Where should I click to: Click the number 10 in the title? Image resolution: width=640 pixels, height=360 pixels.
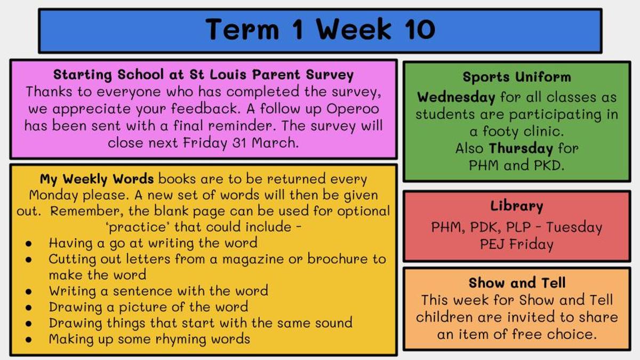pos(420,29)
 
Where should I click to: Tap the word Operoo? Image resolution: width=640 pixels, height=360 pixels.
pos(353,109)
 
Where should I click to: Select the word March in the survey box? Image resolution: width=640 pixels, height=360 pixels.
pos(275,142)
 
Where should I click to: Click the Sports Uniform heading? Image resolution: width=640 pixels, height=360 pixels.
pos(517,77)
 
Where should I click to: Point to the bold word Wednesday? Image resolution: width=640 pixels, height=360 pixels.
pos(456,98)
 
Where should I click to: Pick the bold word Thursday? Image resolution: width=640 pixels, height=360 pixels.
pos(521,149)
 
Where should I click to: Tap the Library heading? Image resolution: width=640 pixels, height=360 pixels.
pos(517,206)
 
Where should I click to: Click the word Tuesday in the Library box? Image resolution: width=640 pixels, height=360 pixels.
pos(574,228)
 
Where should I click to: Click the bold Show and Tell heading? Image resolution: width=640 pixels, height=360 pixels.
pos(517,283)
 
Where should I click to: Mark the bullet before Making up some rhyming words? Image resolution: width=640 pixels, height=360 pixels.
pos(29,340)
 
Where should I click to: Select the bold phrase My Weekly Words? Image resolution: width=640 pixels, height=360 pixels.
pos(97,179)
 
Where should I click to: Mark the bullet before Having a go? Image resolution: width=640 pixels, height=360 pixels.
pos(29,244)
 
